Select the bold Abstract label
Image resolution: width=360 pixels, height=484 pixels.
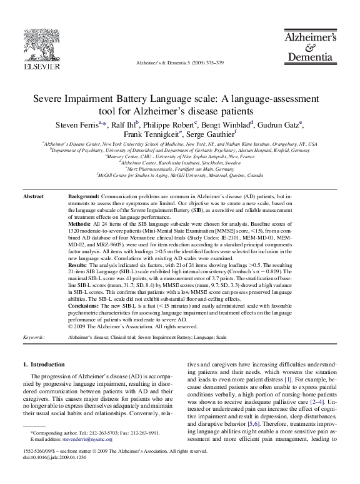tap(33, 197)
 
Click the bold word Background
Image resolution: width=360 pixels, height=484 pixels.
tap(84, 197)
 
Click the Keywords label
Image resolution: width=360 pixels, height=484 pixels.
tap(34, 337)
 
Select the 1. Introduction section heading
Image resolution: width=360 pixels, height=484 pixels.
tap(43, 365)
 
